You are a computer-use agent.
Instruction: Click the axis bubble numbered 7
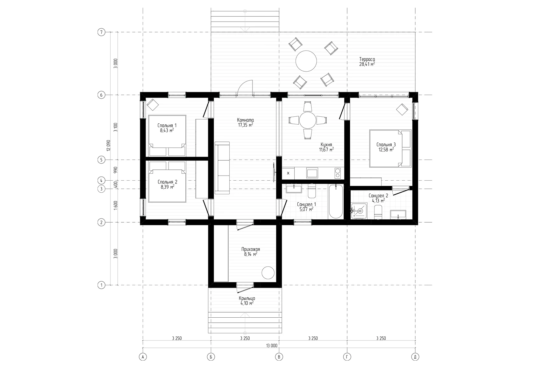pyautogui.click(x=101, y=32)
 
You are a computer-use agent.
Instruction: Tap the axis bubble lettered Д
pyautogui.click(x=415, y=357)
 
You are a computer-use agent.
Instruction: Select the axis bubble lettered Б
pyautogui.click(x=211, y=357)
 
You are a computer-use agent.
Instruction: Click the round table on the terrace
pyautogui.click(x=306, y=61)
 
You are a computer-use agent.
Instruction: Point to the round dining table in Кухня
pyautogui.click(x=308, y=121)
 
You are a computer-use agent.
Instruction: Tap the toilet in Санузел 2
pyautogui.click(x=378, y=212)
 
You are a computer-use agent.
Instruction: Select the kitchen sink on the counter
pyautogui.click(x=312, y=173)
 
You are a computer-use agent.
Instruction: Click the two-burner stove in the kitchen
pyautogui.click(x=338, y=173)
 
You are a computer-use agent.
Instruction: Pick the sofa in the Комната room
pyautogui.click(x=222, y=168)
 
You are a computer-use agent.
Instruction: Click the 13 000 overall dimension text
pyautogui.click(x=272, y=346)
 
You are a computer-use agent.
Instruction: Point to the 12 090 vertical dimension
pyautogui.click(x=109, y=145)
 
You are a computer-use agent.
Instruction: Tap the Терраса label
pyautogui.click(x=367, y=59)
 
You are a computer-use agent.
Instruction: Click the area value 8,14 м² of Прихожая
pyautogui.click(x=251, y=254)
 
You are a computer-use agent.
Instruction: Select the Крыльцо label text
pyautogui.click(x=247, y=298)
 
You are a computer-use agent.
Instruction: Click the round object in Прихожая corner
pyautogui.click(x=268, y=273)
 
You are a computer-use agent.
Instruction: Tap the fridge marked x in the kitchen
pyautogui.click(x=288, y=173)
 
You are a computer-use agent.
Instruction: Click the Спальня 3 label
pyautogui.click(x=386, y=144)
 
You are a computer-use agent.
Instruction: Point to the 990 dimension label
pyautogui.click(x=116, y=170)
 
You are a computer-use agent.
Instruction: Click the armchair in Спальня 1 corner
pyautogui.click(x=153, y=104)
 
